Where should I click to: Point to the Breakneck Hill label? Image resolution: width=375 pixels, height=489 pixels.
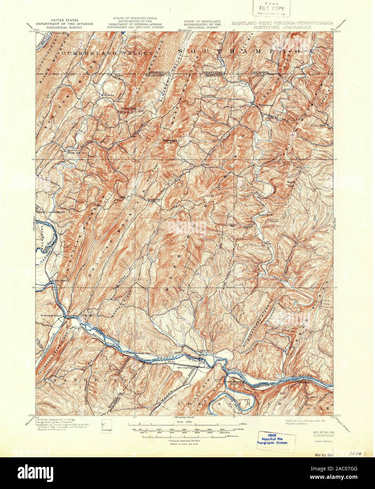(169, 141)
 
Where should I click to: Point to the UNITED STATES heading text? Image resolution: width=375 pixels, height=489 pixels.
(64, 21)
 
